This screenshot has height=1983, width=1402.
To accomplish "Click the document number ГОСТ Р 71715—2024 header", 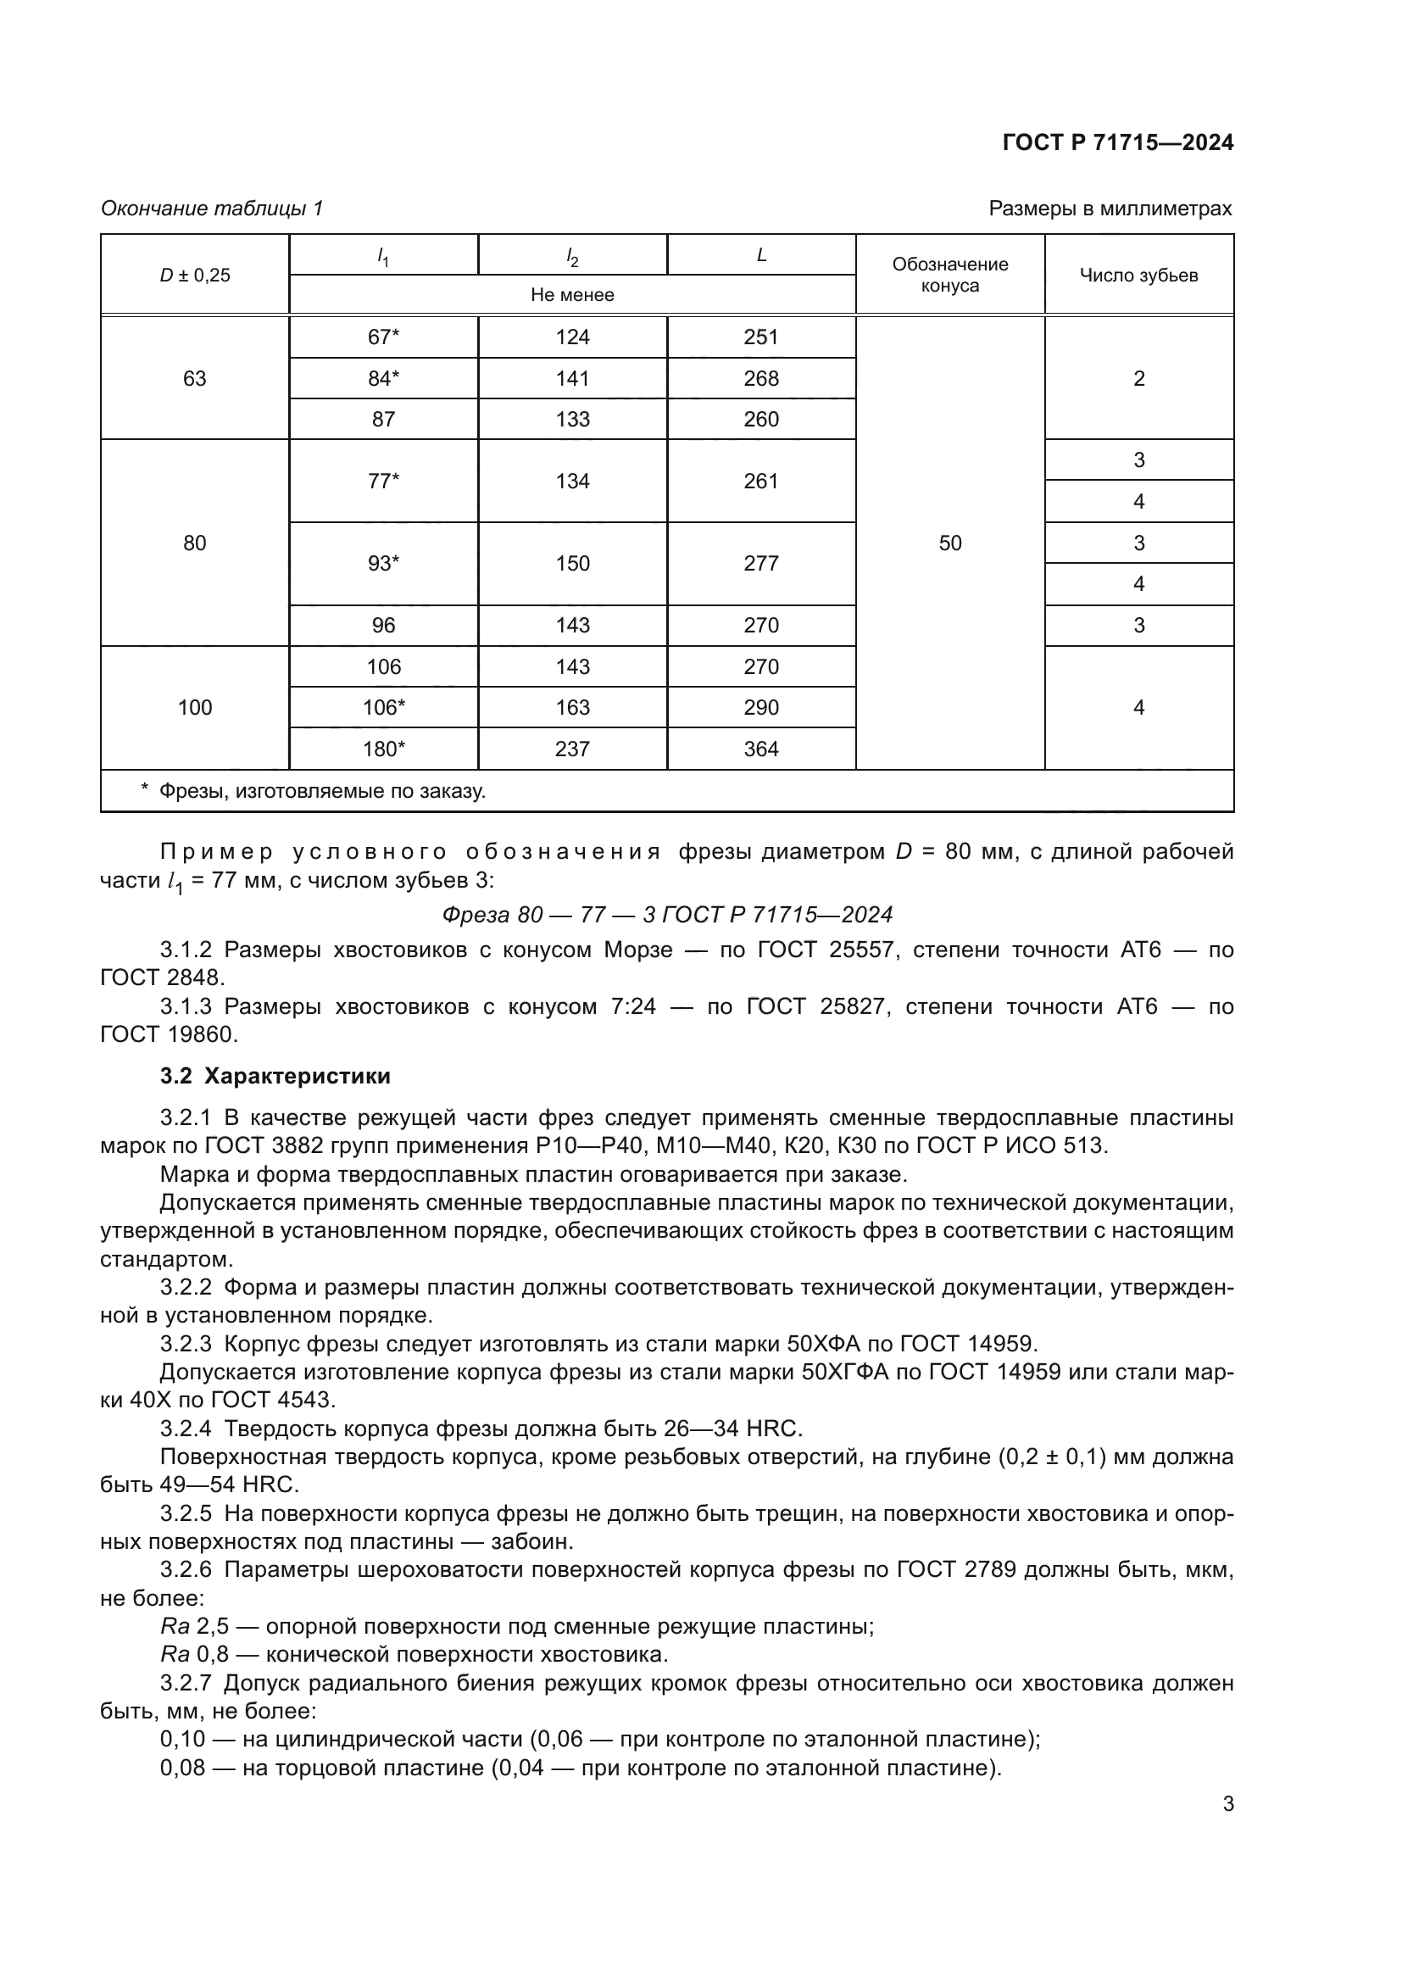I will tap(1117, 142).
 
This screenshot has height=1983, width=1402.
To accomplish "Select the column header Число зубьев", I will tap(1138, 276).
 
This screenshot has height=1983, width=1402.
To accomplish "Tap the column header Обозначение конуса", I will tap(949, 275).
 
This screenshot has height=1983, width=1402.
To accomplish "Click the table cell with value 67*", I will tap(383, 337).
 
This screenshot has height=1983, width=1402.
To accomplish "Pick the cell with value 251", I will tap(760, 337).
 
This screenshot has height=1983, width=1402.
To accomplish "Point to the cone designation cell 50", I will tap(949, 543).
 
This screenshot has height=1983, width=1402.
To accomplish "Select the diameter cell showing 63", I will tap(194, 378).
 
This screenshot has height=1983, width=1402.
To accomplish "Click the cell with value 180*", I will tap(383, 749).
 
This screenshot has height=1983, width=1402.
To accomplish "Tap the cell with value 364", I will tap(760, 749).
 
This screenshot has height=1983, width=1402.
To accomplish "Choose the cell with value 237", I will tap(572, 749).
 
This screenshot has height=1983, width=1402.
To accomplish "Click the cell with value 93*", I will tap(383, 563).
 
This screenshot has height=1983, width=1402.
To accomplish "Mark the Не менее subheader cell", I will tap(572, 294).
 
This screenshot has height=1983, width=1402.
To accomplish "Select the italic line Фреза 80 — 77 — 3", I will tap(666, 915).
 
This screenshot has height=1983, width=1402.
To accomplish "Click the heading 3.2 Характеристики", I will tap(275, 1076).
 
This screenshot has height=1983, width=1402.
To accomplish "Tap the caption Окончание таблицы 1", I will tap(212, 209).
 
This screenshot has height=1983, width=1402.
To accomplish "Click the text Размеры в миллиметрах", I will tap(1110, 209).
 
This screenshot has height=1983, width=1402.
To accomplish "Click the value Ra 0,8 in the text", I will tap(194, 1655).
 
